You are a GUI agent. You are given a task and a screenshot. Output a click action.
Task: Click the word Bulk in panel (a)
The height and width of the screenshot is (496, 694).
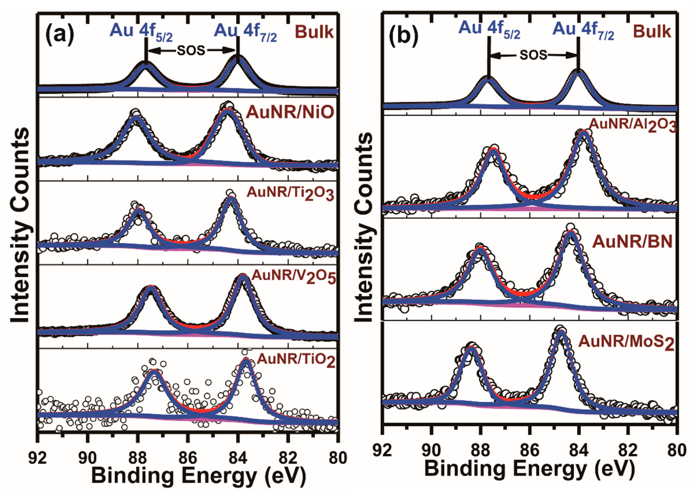[314, 32]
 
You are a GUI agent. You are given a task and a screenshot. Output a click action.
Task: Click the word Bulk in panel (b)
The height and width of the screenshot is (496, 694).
[652, 32]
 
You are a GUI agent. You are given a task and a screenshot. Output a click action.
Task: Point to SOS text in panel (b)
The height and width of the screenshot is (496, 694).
[533, 55]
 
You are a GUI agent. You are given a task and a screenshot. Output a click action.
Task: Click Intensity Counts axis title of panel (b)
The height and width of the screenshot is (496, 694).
[364, 227]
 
